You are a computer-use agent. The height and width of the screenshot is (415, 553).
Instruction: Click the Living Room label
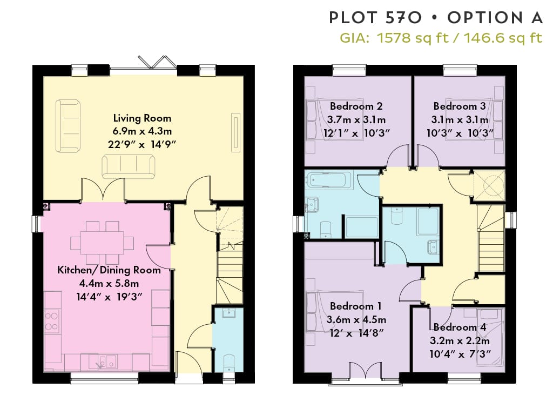pos(142,118)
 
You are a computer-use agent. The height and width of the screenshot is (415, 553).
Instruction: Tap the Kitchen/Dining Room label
pos(109,270)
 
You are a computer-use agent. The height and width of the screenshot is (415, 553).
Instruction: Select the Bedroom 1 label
pos(355,306)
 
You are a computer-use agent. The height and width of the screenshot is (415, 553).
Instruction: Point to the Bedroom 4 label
pos(460,327)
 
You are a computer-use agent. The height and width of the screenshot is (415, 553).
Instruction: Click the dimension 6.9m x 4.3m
pos(142,131)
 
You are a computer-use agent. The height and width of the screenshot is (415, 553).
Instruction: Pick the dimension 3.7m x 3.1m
pos(356,119)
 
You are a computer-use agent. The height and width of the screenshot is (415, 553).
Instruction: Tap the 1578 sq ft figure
pos(413,38)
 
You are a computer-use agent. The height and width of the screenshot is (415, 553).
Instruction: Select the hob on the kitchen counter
pos(52,321)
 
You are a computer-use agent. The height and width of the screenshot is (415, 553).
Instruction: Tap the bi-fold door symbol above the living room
pos(157,62)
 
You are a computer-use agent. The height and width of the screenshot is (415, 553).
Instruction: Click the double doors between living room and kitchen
pos(103,190)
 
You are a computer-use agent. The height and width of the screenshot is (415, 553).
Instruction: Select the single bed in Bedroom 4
pos(489,337)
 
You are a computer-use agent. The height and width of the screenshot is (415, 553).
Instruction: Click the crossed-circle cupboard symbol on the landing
pos(489,185)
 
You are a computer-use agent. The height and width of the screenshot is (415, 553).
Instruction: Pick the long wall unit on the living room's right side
pos(235,132)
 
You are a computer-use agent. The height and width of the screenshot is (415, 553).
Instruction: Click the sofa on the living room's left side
pos(68,126)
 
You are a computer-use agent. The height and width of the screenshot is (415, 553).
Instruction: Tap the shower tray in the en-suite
pos(428,221)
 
